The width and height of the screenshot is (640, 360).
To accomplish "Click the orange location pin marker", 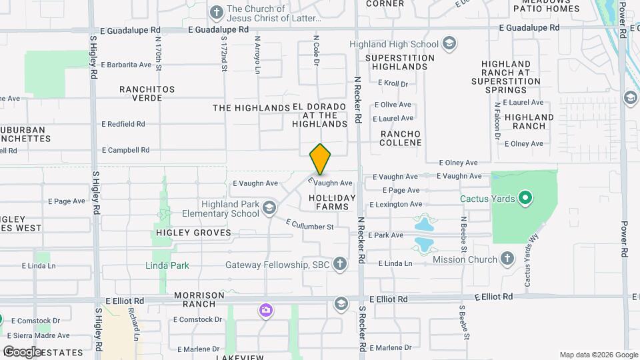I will point(321,159).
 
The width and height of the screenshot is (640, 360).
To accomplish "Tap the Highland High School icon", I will point(449,44).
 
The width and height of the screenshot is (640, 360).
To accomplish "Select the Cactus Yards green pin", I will point(525,198).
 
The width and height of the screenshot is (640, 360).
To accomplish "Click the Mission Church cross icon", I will point(507,259).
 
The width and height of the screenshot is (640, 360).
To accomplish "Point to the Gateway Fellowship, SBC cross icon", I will point(340,265).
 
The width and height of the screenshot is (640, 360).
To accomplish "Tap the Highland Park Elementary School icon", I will point(269,208).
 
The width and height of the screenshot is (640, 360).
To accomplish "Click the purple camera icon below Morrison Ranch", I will point(266,311).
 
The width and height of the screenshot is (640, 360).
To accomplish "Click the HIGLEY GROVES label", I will point(193,233).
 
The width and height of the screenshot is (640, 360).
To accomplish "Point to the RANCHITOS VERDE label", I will point(147,93).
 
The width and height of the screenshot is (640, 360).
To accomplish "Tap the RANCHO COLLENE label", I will point(401,138).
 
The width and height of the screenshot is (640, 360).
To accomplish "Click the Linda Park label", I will point(167,265).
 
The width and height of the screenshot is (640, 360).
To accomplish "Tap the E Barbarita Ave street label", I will point(127,65).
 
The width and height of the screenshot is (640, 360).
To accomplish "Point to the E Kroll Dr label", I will point(393,83).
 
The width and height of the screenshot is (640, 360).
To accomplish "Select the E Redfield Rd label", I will point(123,124).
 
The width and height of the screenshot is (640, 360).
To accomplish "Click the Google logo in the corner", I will point(22,351).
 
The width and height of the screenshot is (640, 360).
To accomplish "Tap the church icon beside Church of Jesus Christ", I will point(216,13).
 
